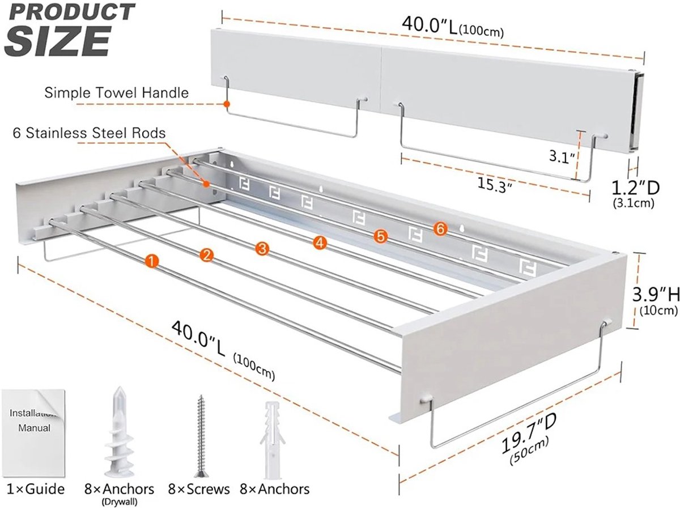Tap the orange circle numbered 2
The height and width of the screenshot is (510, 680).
206,256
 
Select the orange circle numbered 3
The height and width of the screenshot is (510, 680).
262,249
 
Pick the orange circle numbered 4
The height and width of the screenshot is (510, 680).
320,243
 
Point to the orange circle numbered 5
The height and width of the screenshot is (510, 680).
380,236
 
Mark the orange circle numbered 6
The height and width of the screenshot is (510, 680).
440,229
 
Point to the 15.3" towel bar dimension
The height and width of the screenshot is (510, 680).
494,185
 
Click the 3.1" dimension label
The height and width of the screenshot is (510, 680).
562,157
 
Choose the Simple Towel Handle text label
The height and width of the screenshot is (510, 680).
117,92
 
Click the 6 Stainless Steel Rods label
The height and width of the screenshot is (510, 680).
89,133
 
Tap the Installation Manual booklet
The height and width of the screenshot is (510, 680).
33,432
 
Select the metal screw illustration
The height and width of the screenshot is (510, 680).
201,436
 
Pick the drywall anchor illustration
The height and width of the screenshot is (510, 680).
119,432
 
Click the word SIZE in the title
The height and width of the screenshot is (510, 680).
58,41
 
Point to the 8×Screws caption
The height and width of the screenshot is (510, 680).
199,490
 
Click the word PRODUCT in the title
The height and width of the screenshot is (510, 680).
72,12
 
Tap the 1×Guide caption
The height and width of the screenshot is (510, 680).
36,489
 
